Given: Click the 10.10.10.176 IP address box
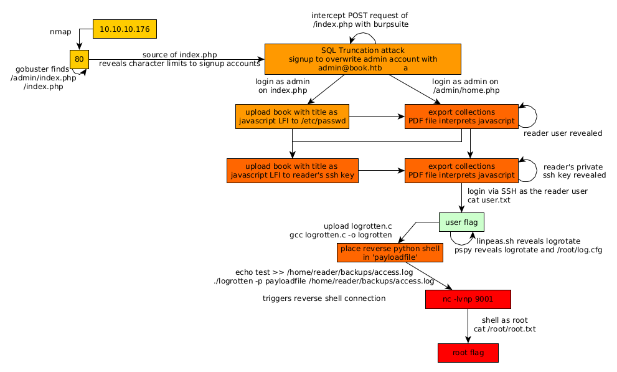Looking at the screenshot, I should pyautogui.click(x=125, y=29).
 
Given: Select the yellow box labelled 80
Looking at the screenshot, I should pyautogui.click(x=79, y=60).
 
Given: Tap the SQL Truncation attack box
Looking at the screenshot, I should pyautogui.click(x=362, y=59).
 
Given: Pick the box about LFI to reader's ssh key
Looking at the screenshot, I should pyautogui.click(x=291, y=171).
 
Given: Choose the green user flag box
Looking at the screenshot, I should pyautogui.click(x=461, y=222).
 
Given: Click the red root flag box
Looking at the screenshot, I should pyautogui.click(x=468, y=353).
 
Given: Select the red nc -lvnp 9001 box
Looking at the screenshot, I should pyautogui.click(x=468, y=299).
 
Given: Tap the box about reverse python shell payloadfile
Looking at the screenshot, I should pyautogui.click(x=390, y=252).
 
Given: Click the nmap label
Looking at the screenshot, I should pyautogui.click(x=60, y=31).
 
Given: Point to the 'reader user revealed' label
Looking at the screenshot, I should pyautogui.click(x=562, y=133).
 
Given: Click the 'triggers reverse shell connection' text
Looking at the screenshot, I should pyautogui.click(x=324, y=298).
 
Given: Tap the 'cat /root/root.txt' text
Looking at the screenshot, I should pyautogui.click(x=504, y=329).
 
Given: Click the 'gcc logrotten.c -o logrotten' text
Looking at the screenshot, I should pyautogui.click(x=341, y=235).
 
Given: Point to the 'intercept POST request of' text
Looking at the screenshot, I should pyautogui.click(x=360, y=15).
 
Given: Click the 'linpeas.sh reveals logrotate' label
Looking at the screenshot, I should pyautogui.click(x=528, y=241).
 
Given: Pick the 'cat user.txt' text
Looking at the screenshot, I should pyautogui.click(x=489, y=200).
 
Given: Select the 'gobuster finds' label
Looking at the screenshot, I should pyautogui.click(x=42, y=69).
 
